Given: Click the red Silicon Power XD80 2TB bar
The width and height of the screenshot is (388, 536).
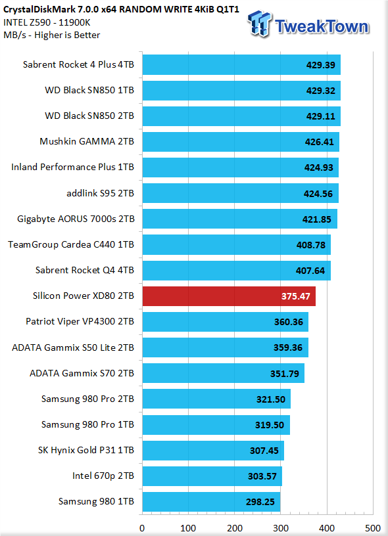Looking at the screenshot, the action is tap(229, 296).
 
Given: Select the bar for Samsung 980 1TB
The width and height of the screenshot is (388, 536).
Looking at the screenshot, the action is tap(212, 502).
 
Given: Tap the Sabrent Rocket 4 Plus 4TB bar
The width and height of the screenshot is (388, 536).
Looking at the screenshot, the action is tap(241, 64).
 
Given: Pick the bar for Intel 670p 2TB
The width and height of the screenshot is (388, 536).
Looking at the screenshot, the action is tap(212, 476).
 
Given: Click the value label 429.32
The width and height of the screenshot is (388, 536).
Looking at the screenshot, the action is tap(321, 91).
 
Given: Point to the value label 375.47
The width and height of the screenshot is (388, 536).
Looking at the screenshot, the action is tap(296, 296).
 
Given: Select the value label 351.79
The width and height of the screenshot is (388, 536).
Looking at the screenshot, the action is tap(285, 374).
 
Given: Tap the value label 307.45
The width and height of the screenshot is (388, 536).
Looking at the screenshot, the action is tap(264, 451).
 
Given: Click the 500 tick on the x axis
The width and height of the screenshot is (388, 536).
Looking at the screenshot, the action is tap(373, 528).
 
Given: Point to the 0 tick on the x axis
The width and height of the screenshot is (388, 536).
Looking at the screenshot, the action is tap(142, 528).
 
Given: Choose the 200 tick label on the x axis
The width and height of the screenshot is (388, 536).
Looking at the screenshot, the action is tap(235, 528).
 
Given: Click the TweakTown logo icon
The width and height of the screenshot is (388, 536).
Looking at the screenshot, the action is tap(260, 24).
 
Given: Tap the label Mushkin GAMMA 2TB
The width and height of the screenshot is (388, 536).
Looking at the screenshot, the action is tap(87, 141).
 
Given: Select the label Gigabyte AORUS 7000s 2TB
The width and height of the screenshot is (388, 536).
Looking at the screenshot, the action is tap(76, 219).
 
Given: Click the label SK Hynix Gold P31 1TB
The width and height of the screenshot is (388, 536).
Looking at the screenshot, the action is tap(86, 450).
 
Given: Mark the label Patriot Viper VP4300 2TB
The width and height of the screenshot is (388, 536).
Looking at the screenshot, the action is tap(80, 322).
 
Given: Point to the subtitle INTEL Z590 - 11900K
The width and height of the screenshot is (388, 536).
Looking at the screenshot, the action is tap(47, 22).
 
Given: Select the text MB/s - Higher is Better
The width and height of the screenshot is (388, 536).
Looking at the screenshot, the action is tap(52, 35).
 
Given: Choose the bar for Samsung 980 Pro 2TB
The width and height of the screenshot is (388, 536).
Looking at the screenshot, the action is tap(216, 399).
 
